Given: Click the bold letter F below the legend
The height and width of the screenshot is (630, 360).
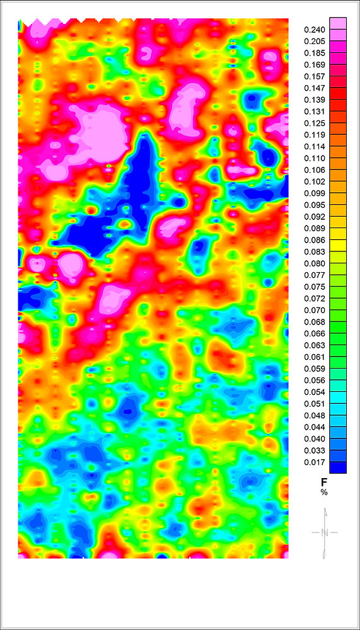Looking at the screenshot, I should click(325, 481).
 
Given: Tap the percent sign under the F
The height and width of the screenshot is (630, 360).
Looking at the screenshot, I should click(325, 491).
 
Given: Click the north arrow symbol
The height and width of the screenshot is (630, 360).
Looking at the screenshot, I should click(325, 533).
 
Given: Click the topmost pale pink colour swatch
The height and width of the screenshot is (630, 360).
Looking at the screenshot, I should click(338, 23).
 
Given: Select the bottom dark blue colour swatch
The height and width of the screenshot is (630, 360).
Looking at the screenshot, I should click(338, 467).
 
